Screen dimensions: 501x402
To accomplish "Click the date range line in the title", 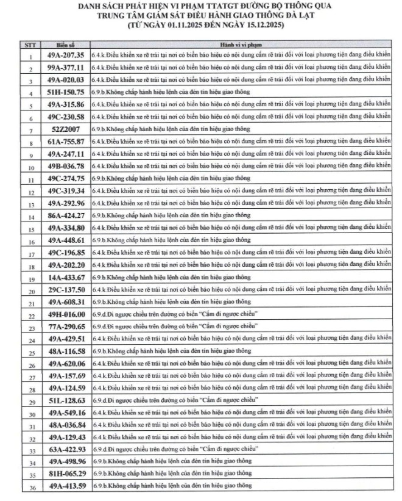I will tap(201, 26).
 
